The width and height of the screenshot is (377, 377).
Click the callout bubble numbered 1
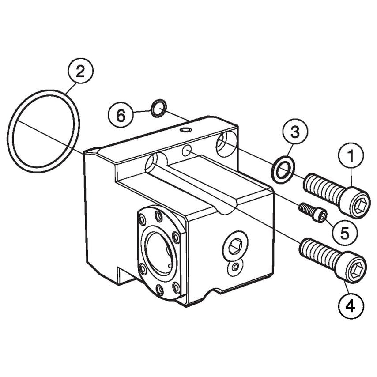tap(352, 156)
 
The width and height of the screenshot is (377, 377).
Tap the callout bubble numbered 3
tap(294, 131)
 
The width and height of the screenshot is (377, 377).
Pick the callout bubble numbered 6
tap(121, 116)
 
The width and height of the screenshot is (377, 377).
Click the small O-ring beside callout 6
tap(158, 108)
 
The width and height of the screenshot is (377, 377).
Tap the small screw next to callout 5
tap(313, 211)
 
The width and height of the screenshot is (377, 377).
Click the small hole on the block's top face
tap(186, 130)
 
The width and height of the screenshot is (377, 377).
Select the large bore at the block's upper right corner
tap(226, 143)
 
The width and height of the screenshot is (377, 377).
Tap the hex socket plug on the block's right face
tap(235, 245)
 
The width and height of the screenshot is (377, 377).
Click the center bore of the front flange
tap(158, 253)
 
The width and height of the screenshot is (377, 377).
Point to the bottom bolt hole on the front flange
tap(160, 290)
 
